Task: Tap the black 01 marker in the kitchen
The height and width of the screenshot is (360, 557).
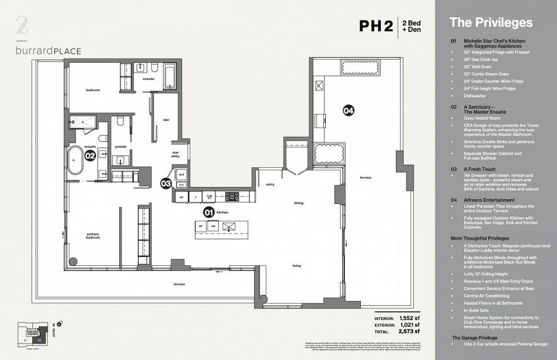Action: click(x=208, y=213)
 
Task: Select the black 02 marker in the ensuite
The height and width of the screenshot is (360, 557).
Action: click(x=90, y=156)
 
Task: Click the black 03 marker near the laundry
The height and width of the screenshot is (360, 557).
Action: click(x=165, y=183)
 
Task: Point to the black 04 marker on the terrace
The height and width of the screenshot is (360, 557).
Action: click(x=349, y=111)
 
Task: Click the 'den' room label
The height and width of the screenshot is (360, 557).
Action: click(x=166, y=120)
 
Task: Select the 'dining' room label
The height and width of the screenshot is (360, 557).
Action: click(x=299, y=202)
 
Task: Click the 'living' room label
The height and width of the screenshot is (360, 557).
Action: click(x=296, y=266)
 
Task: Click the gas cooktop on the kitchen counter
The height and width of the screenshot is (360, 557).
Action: click(x=232, y=197)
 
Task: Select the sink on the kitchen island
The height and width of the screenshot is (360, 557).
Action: click(x=229, y=227)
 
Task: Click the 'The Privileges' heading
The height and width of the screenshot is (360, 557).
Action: click(x=491, y=23)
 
